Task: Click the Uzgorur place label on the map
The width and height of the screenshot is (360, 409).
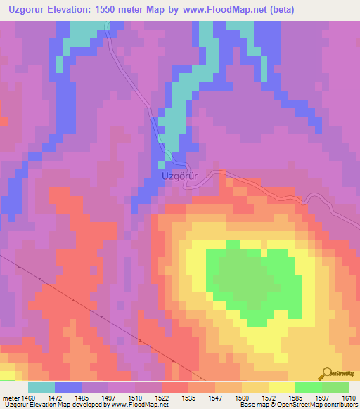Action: [x=181, y=177]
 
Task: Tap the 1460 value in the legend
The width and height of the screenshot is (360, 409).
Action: [x=29, y=397]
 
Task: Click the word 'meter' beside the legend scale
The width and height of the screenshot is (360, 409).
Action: [x=11, y=397]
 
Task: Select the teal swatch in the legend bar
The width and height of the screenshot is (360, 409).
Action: [x=41, y=387]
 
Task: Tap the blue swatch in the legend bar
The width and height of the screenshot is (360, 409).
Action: [x=68, y=387]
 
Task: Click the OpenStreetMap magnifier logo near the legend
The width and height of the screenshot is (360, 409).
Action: [x=327, y=373]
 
